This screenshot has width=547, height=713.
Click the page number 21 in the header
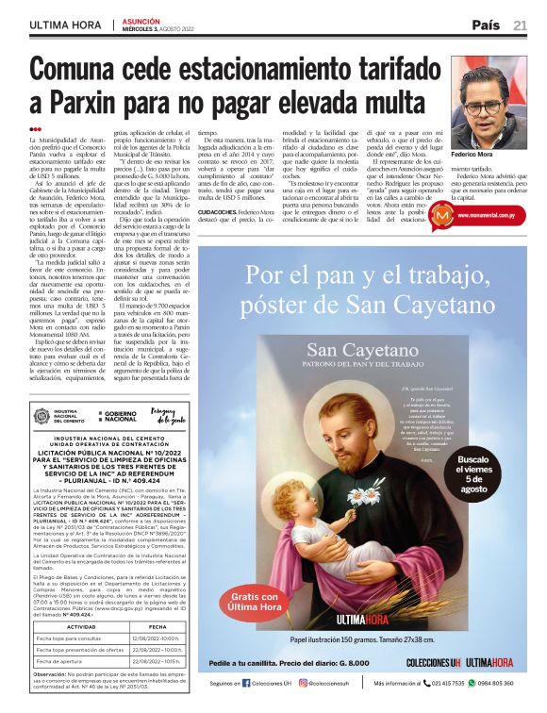520,25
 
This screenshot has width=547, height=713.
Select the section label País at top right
486,25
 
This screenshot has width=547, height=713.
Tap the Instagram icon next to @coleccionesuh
303,683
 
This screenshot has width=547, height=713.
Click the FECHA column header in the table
157,625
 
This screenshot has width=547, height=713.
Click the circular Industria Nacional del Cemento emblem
41,416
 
